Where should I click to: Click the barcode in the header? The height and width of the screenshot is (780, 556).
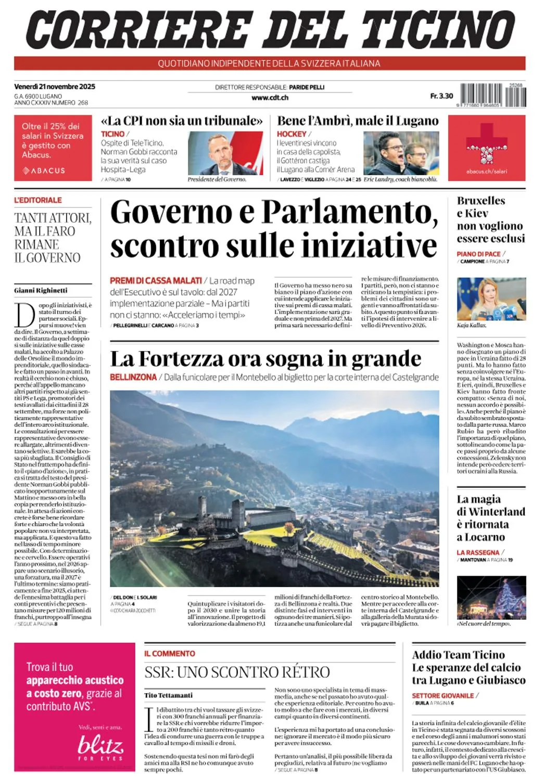click(x=493, y=96)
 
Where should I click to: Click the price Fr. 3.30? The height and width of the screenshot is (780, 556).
click(x=441, y=96)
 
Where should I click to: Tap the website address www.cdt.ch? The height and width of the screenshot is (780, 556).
click(x=270, y=97)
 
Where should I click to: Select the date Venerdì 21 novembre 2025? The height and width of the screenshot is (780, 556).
click(x=55, y=86)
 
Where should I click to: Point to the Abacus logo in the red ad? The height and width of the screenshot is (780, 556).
click(x=44, y=171)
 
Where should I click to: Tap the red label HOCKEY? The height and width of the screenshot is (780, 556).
click(x=292, y=134)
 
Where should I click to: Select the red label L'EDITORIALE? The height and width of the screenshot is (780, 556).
click(x=38, y=200)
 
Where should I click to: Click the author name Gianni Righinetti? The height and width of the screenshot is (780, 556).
click(x=41, y=290)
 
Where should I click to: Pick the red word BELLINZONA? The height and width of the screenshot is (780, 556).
click(x=133, y=377)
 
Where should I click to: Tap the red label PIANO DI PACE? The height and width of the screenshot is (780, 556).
click(x=478, y=254)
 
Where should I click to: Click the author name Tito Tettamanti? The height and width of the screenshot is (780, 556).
click(x=168, y=695)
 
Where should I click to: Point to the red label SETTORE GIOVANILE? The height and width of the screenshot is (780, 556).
click(x=443, y=695)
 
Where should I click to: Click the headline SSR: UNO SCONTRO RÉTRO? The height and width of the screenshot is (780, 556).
click(x=237, y=672)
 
